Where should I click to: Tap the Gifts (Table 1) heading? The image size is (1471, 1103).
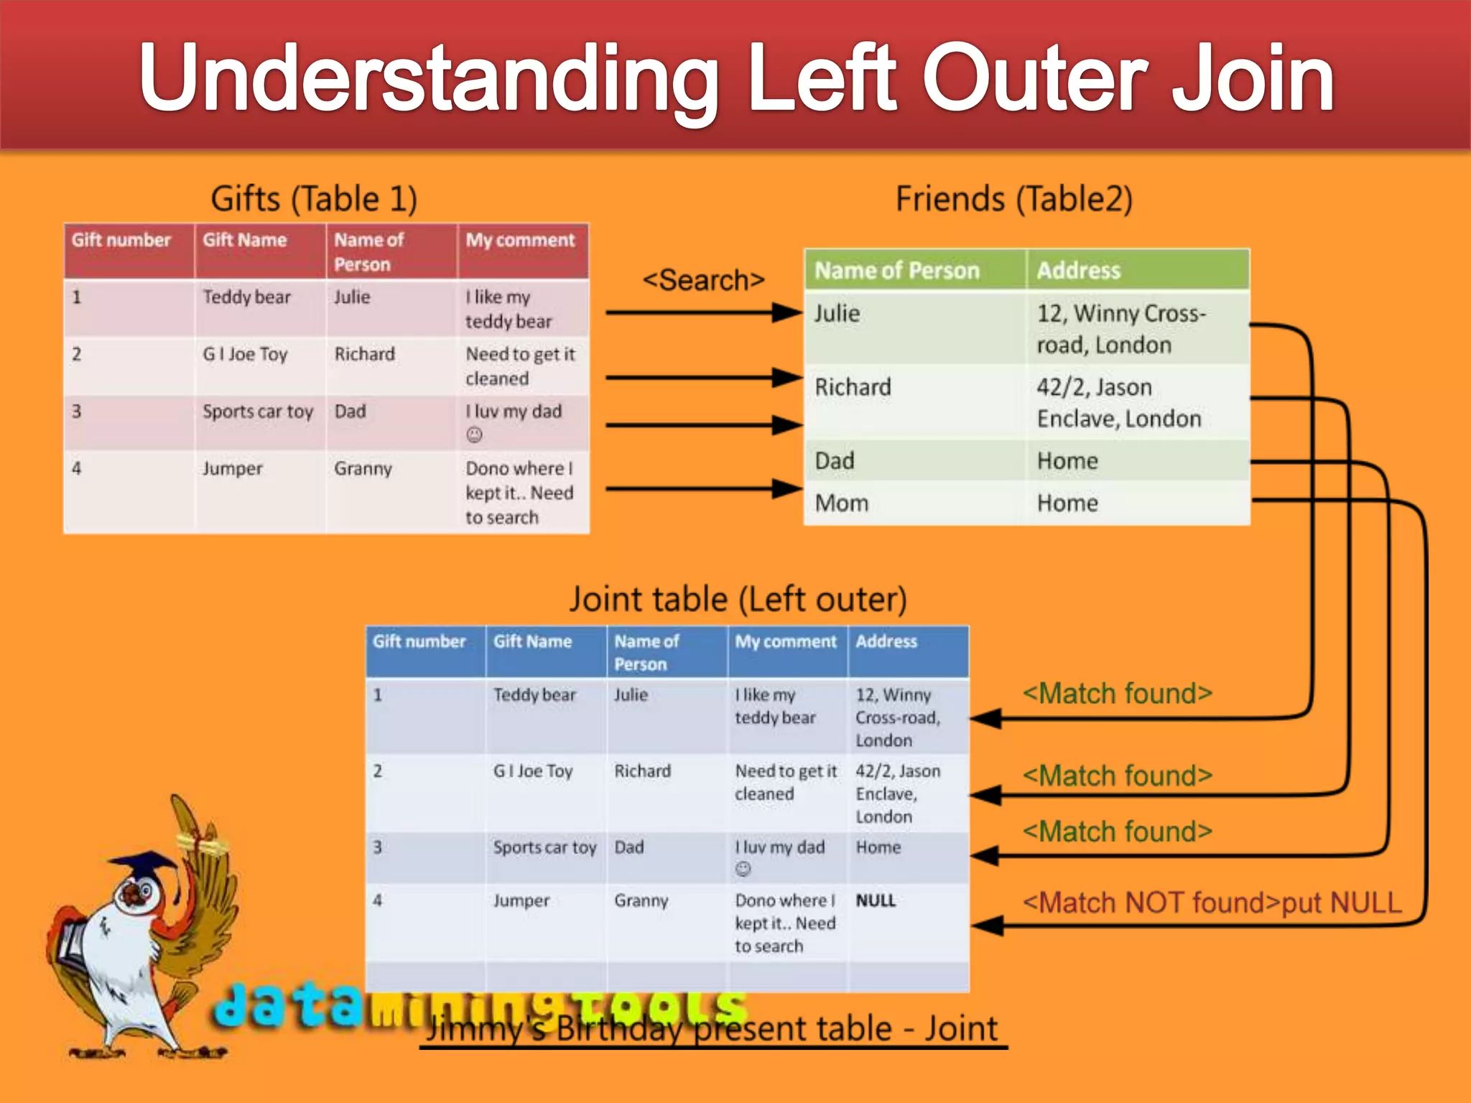[314, 199]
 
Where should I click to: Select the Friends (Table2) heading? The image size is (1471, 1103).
[1013, 199]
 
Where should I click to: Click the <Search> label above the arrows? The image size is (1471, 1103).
[703, 280]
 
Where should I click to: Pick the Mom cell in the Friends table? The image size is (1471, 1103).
[841, 503]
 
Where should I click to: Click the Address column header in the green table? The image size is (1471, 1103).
[1078, 271]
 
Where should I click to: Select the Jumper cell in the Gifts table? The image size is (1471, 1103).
[232, 469]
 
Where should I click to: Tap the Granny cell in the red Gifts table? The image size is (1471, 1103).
[363, 469]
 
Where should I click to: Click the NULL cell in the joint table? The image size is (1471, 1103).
[876, 900]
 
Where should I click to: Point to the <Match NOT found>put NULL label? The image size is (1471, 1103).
[1212, 903]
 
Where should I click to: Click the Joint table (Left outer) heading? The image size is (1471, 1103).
[738, 599]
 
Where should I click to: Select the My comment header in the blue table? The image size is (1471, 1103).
[786, 641]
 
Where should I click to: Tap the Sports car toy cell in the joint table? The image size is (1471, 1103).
[544, 847]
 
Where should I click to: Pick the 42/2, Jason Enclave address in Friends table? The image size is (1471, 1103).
[1118, 403]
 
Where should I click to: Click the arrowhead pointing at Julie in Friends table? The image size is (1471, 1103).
[788, 312]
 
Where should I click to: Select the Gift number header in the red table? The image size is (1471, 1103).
[121, 240]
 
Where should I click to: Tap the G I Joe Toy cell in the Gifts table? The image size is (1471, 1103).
[245, 354]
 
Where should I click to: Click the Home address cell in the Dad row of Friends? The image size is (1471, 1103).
[1067, 461]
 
